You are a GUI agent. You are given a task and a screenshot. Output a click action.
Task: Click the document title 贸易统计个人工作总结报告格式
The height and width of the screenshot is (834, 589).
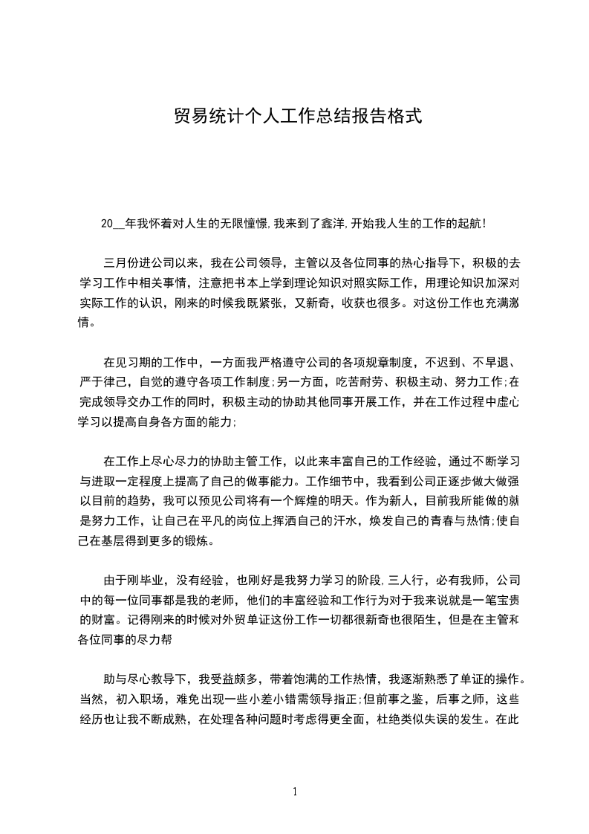point(298,117)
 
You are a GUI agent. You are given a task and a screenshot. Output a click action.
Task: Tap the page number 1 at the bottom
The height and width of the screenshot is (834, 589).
point(295,792)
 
